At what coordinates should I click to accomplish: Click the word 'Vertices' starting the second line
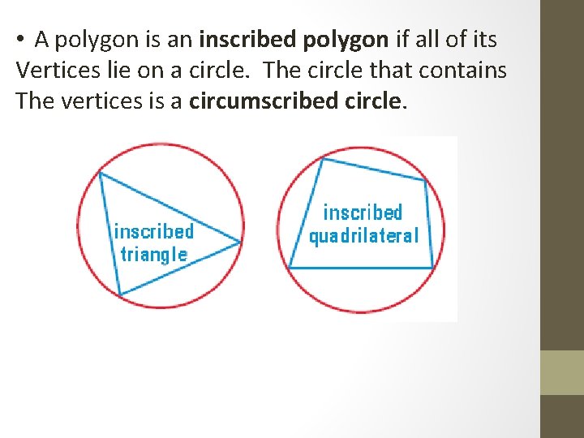(x=53, y=70)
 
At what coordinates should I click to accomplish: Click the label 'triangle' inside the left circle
(x=153, y=255)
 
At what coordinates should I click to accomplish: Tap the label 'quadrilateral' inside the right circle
(x=363, y=236)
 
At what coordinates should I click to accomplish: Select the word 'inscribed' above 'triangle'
(x=153, y=231)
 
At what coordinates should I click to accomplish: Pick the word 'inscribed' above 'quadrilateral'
(x=363, y=213)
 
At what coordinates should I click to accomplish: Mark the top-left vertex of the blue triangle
(x=99, y=172)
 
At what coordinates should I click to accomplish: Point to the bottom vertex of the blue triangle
(x=120, y=294)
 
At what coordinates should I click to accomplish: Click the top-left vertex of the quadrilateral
(x=324, y=159)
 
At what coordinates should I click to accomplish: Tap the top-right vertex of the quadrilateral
(x=425, y=180)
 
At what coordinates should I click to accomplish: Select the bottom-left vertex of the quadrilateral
(x=290, y=268)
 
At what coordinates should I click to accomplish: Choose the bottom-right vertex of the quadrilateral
(x=432, y=268)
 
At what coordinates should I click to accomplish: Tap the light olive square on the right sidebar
(x=562, y=372)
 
